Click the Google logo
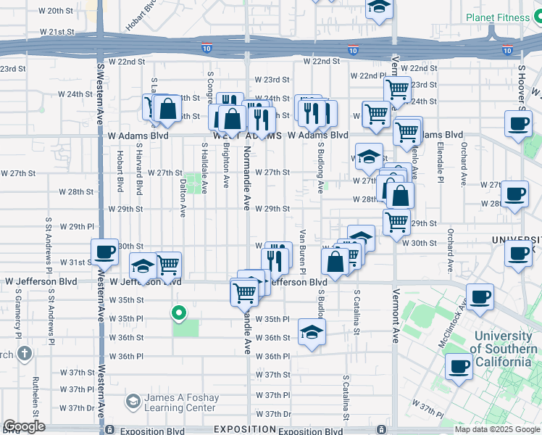[24, 426]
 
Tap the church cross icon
[25, 354]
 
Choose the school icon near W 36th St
[312, 333]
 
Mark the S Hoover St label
[520, 88]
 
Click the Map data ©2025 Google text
[496, 429]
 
